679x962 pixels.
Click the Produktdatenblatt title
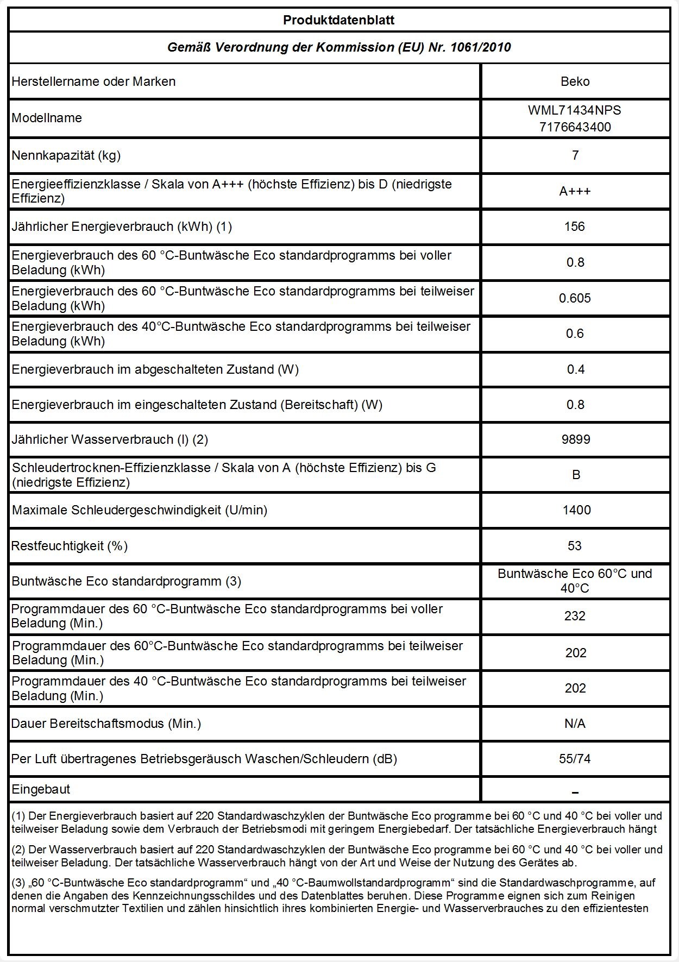(338, 21)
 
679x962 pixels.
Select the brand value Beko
(575, 81)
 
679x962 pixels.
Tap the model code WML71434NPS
(575, 110)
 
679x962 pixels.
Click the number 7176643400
(575, 127)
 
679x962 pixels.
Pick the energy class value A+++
(575, 191)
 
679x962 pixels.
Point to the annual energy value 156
(575, 227)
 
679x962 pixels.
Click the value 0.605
(575, 298)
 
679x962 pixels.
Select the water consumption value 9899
(575, 439)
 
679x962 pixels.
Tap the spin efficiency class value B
(576, 475)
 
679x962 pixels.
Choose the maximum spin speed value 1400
(576, 510)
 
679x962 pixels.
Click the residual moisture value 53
(575, 546)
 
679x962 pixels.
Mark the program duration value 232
(575, 616)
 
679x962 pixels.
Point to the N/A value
(575, 724)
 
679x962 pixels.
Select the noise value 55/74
(575, 759)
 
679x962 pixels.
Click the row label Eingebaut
(41, 789)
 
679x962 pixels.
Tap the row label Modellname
(47, 118)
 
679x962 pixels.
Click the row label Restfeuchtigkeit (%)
(70, 546)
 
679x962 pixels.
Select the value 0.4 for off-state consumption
(575, 369)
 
